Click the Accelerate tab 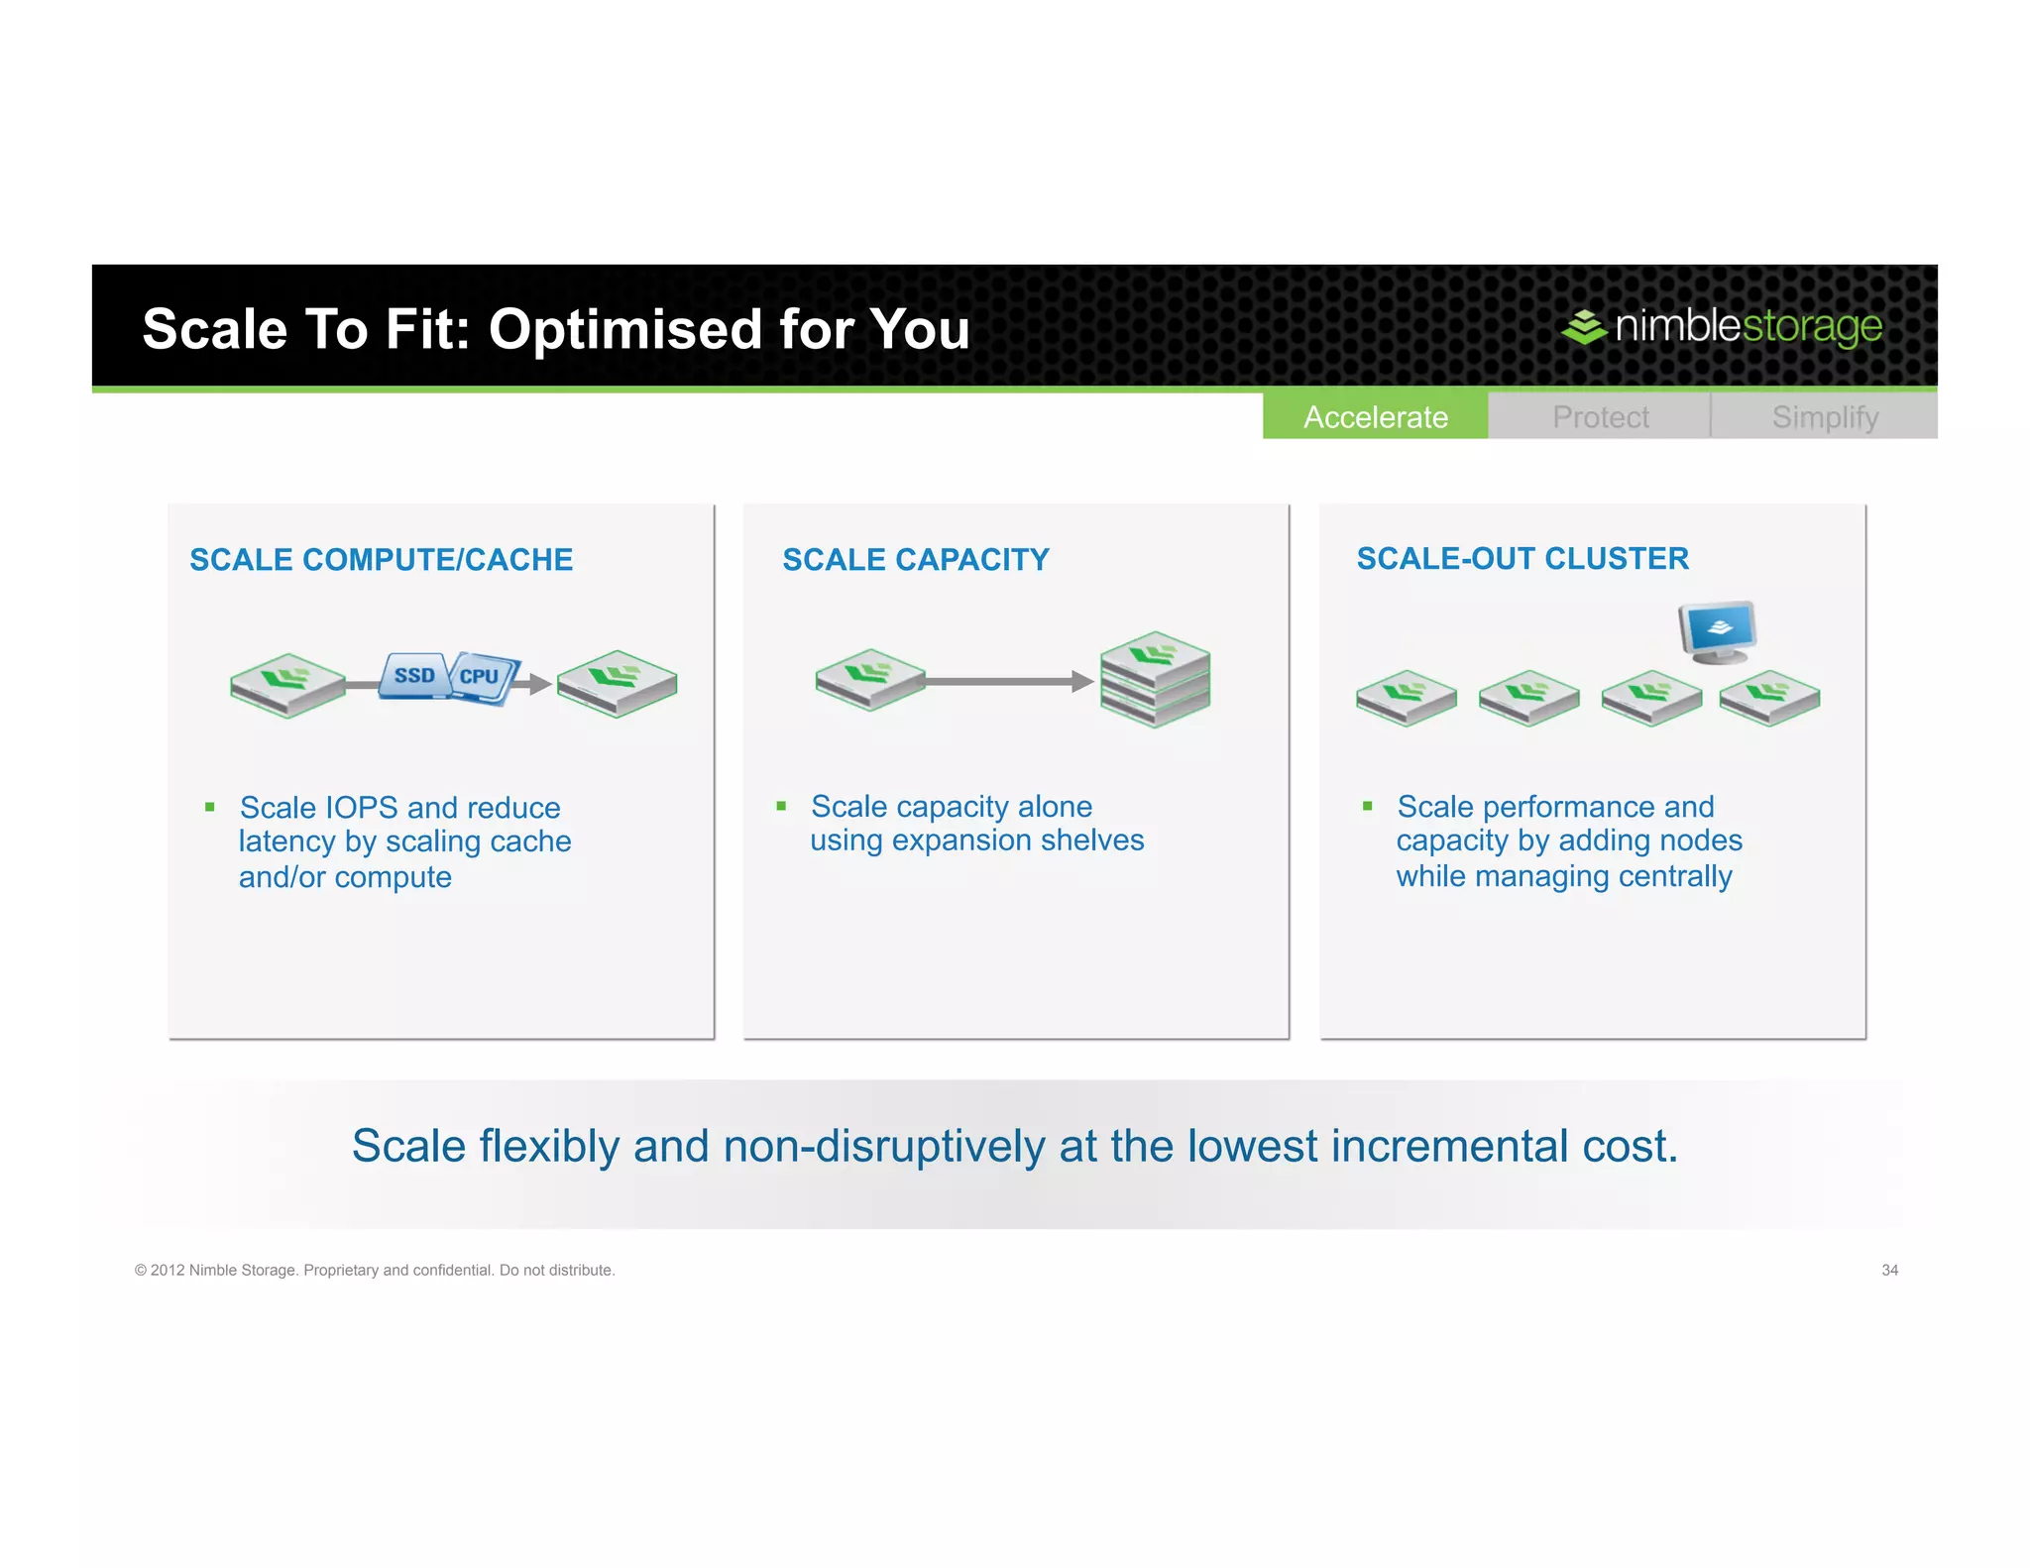1375,417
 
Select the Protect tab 1600,417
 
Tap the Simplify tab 1825,417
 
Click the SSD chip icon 414,676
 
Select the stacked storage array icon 1155,679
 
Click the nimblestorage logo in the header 1722,326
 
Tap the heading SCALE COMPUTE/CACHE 382,560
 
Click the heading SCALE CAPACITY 916,560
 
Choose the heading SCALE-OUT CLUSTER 1522,559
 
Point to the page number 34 1889,1271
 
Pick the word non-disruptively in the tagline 884,1147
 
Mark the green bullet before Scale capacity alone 781,807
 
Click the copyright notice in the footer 375,1271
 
